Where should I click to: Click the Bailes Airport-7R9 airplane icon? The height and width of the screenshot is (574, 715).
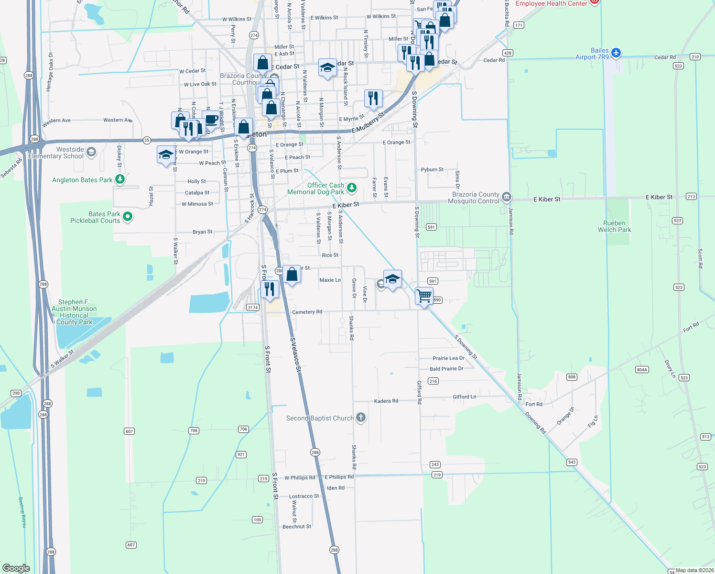click(x=616, y=53)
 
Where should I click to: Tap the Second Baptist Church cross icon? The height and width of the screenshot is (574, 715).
click(x=361, y=418)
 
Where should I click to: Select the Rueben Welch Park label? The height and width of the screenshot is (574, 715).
click(x=614, y=227)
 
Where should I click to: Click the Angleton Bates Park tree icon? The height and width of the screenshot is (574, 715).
click(x=120, y=179)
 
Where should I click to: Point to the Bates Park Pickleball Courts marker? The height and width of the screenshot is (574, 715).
click(x=128, y=217)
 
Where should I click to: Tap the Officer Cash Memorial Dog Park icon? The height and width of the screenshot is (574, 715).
click(x=352, y=188)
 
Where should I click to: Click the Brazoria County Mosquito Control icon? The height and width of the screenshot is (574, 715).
click(x=507, y=197)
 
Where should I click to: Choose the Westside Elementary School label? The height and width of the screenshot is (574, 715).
click(x=56, y=153)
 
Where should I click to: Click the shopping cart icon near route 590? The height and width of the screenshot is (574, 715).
click(x=424, y=296)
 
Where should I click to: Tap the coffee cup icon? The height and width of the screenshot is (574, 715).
click(x=211, y=120)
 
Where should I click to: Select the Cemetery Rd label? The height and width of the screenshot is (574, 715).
click(x=307, y=312)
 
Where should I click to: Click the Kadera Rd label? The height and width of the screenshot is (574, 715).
click(x=386, y=401)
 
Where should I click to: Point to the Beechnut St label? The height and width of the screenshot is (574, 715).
click(x=297, y=527)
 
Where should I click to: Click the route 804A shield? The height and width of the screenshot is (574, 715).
click(x=642, y=370)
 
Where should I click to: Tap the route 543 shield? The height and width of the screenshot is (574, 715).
click(x=572, y=462)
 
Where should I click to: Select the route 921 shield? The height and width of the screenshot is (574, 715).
click(x=241, y=454)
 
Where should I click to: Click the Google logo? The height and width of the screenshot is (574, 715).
click(x=16, y=568)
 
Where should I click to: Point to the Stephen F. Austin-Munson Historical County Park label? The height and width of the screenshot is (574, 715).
click(x=74, y=312)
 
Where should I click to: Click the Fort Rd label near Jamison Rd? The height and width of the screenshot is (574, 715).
click(x=534, y=404)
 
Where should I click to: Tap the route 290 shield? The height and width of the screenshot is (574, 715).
click(x=16, y=393)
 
